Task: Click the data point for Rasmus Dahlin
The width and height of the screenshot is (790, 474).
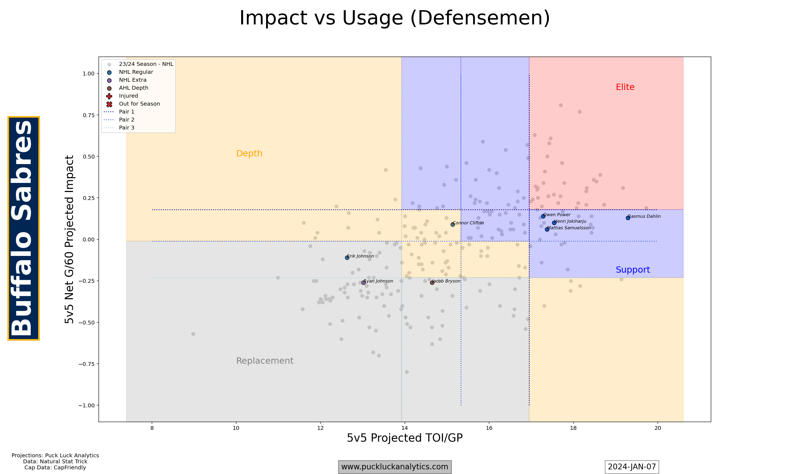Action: pos(628,218)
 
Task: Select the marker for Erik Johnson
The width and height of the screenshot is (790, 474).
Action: pos(347,258)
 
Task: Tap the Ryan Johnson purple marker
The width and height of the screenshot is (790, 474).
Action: pos(363,283)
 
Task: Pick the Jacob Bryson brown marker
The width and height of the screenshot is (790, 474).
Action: pos(432,283)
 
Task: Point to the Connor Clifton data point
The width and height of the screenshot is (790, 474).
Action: pos(453,225)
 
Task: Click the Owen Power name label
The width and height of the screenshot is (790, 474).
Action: pos(557,215)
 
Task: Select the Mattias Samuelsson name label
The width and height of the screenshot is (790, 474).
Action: pos(569,228)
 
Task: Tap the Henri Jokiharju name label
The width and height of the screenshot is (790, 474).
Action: pos(570,221)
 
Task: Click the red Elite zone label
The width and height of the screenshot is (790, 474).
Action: pos(625,87)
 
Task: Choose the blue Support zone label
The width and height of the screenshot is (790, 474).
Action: pos(633,270)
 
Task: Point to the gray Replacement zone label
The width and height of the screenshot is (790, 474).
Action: pos(264,361)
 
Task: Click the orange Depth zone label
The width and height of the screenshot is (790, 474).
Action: pos(249,153)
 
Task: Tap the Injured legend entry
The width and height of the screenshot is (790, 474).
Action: pos(128,96)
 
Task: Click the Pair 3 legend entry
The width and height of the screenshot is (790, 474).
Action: pos(126,128)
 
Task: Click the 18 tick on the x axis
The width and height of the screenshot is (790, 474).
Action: pos(573,428)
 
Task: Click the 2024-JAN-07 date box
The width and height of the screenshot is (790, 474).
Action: pos(632,467)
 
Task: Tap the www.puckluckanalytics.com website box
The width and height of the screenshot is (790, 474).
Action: pos(395,467)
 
